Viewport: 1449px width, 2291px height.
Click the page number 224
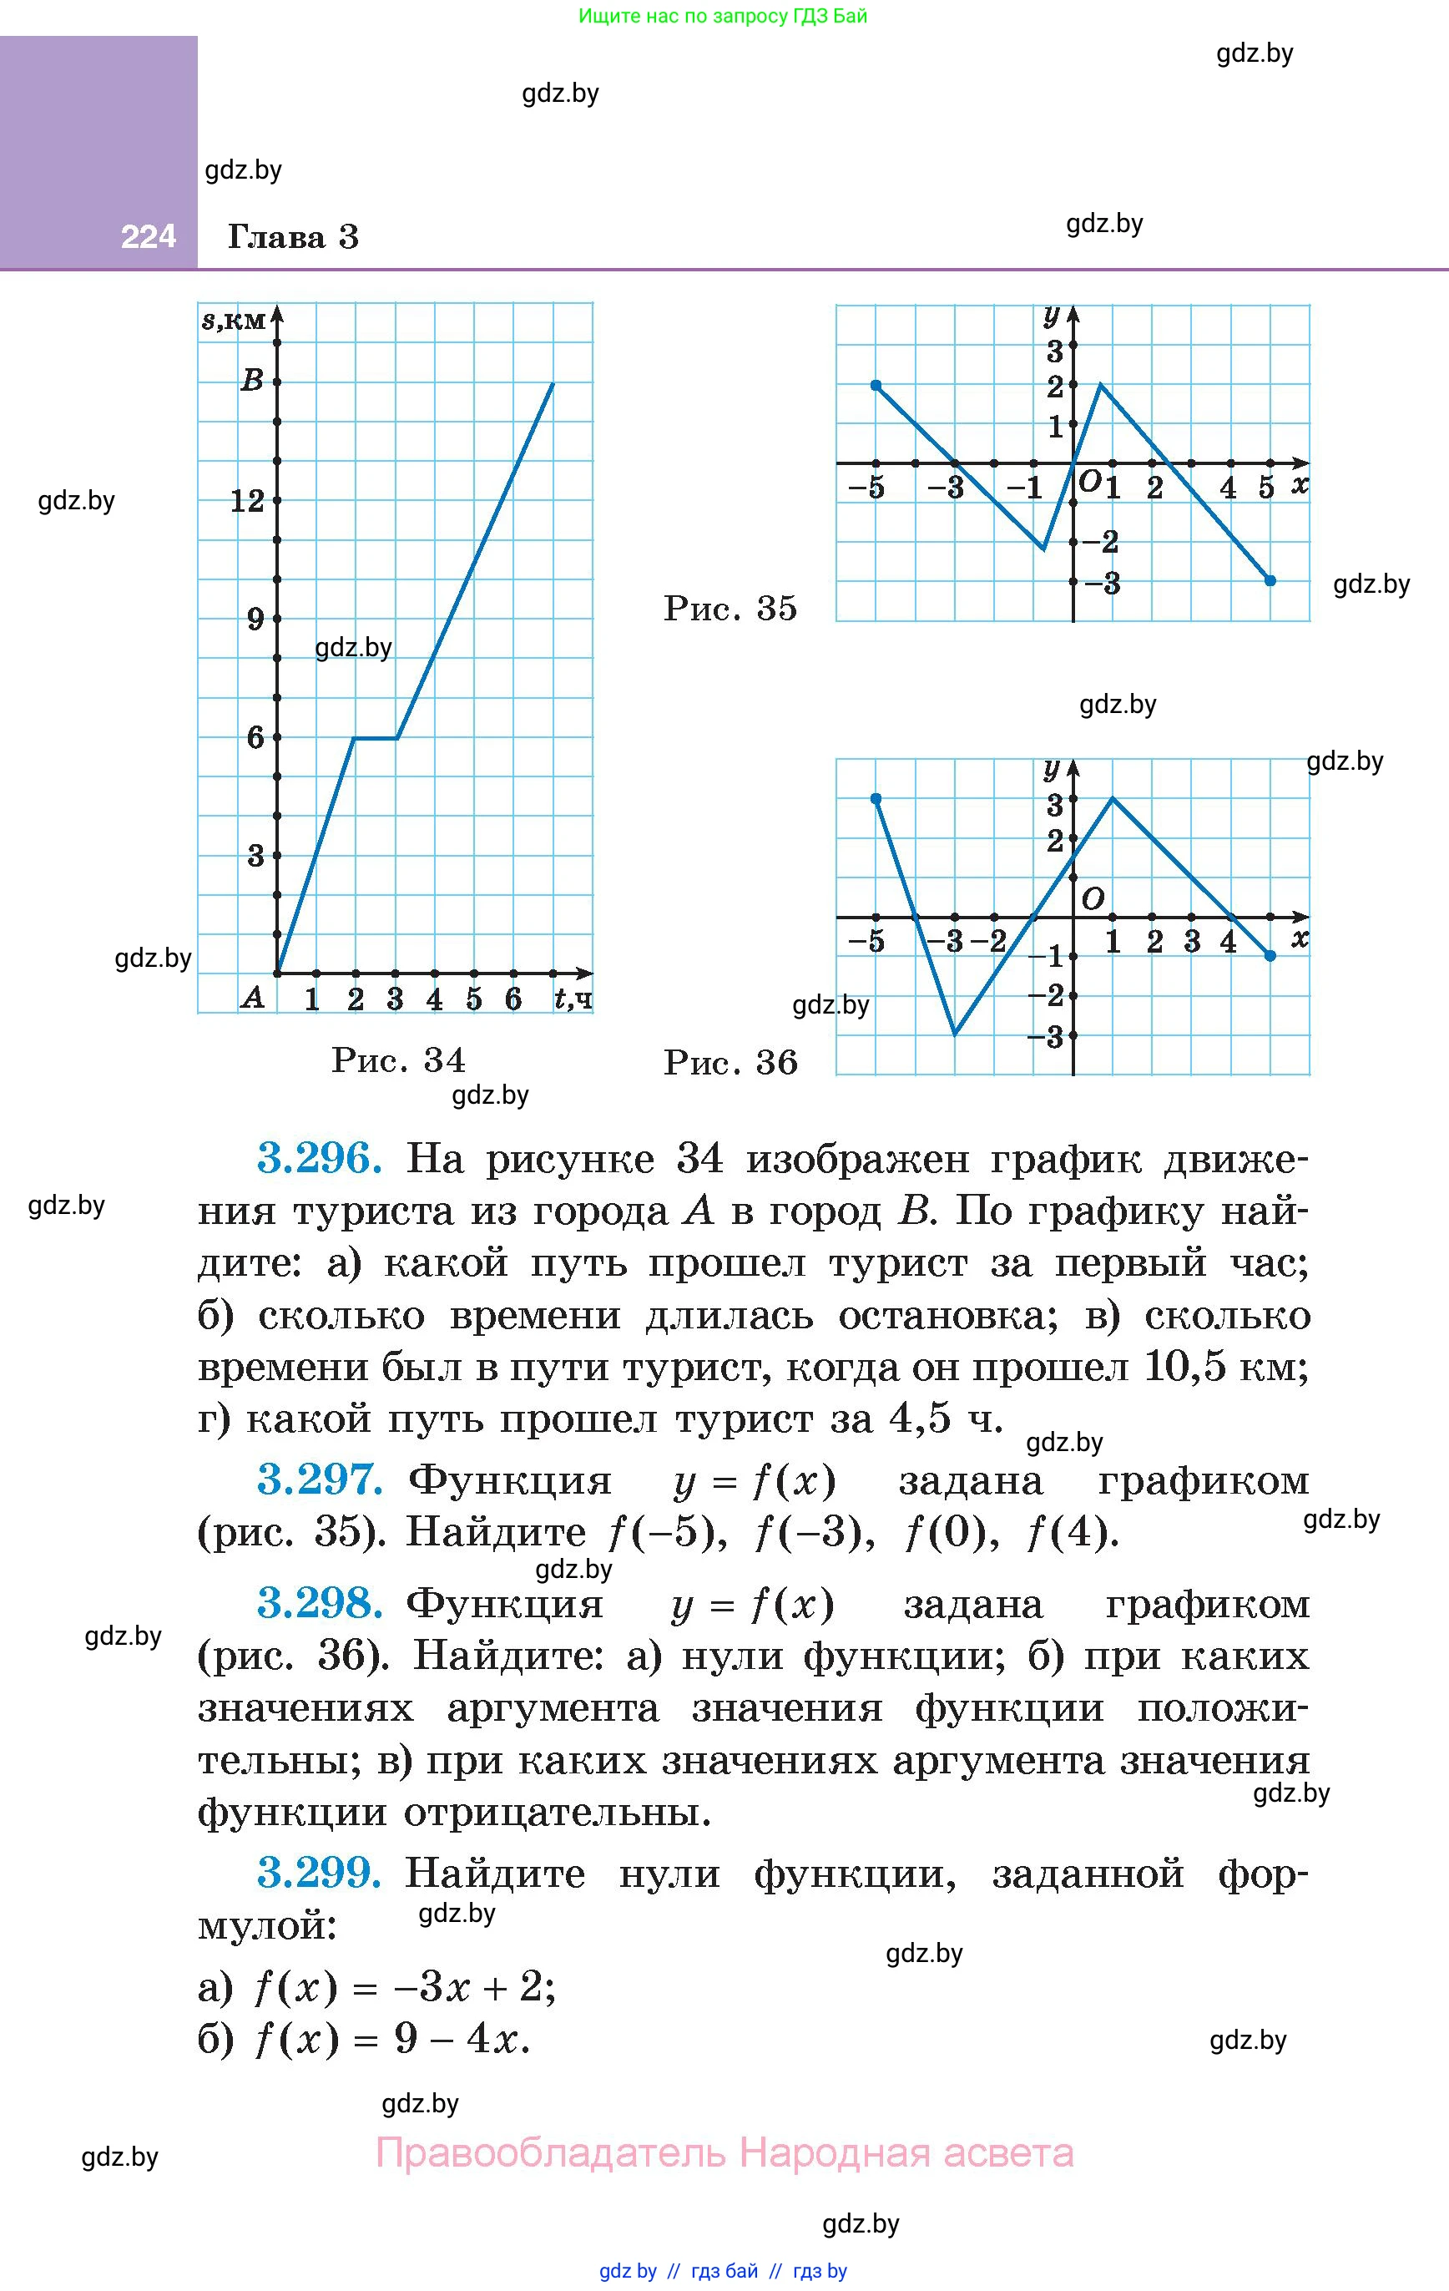tap(149, 236)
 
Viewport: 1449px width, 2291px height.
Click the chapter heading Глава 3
tap(293, 237)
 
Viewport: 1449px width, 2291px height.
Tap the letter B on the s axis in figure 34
tap(252, 381)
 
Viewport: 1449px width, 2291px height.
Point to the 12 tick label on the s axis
tap(247, 500)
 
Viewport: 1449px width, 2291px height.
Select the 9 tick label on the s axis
tap(255, 620)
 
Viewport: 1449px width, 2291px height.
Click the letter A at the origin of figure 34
tap(252, 997)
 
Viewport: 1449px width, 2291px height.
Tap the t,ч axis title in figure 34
tap(573, 998)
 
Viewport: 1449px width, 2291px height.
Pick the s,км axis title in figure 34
tap(233, 320)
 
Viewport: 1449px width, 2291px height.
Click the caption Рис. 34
tap(399, 1060)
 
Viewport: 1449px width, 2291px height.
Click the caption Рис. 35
tap(730, 609)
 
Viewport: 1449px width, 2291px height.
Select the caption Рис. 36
tap(730, 1063)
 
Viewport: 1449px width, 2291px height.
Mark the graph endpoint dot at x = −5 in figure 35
tap(876, 386)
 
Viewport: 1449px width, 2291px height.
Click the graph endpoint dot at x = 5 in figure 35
tap(1270, 580)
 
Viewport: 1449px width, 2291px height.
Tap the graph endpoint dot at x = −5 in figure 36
tap(876, 799)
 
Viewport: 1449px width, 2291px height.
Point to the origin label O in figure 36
tap(1093, 898)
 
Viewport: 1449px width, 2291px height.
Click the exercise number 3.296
tap(320, 1159)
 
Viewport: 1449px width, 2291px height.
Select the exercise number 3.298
tap(320, 1603)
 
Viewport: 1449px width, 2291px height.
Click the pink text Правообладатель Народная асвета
tap(725, 2152)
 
